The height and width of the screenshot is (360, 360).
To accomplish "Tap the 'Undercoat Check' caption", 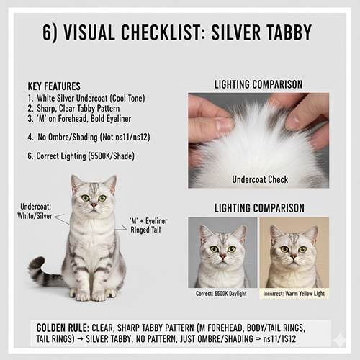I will coord(258,179).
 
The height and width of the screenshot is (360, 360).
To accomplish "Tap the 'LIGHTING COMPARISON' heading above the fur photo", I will coord(258,84).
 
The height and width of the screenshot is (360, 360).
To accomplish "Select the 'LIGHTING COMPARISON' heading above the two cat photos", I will coord(258,208).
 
